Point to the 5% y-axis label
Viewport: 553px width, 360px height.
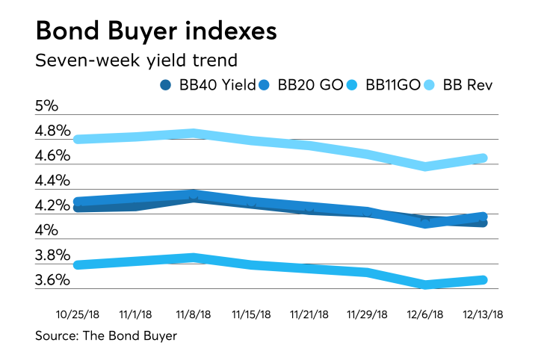tap(46, 106)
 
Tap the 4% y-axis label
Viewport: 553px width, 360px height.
tap(46, 231)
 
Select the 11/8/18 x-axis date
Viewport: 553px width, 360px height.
tap(194, 314)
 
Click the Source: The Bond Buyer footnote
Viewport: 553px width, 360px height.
tap(106, 336)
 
